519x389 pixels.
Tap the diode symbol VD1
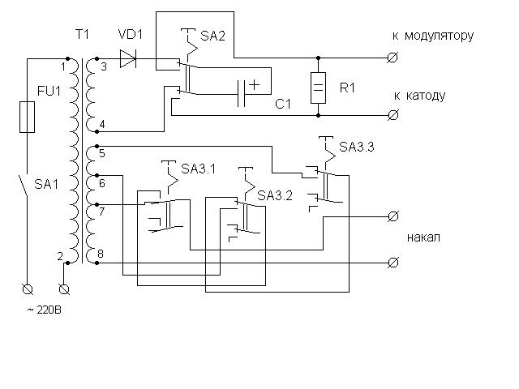click(127, 58)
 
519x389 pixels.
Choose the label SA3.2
click(274, 196)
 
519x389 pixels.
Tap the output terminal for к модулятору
click(393, 58)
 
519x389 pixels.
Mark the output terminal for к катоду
click(393, 115)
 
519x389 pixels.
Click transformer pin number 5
click(101, 152)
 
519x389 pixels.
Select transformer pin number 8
click(101, 254)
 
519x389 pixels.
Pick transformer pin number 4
click(101, 123)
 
